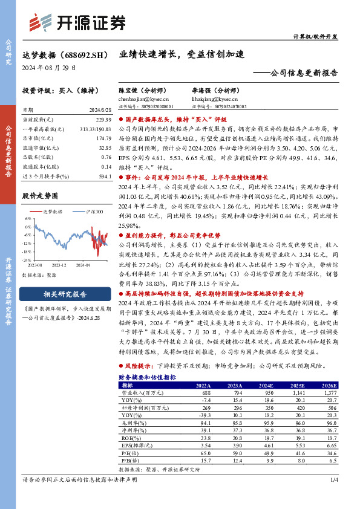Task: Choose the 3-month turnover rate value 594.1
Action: click(x=105, y=175)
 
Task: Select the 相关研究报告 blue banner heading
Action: click(x=65, y=295)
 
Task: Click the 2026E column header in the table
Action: click(x=329, y=385)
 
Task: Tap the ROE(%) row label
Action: click(x=130, y=436)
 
